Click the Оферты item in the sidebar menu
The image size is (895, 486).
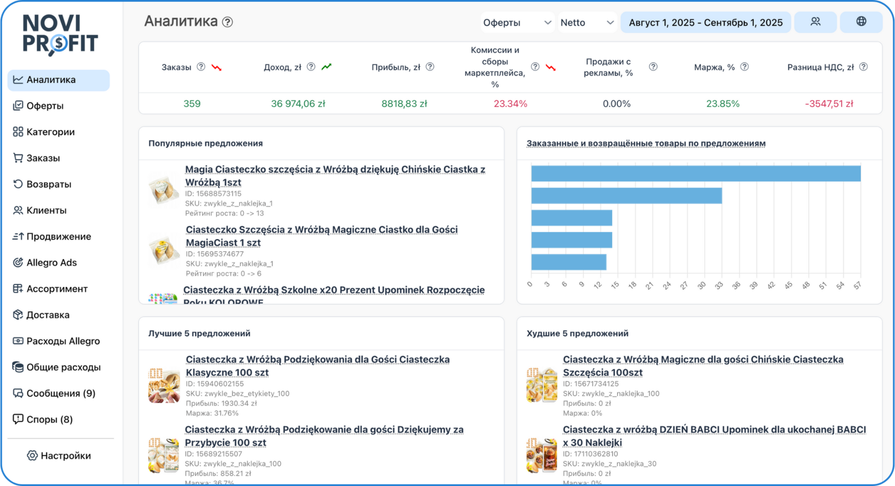tap(45, 106)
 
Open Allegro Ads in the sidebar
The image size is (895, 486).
tap(51, 262)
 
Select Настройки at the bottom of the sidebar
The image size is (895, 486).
tap(65, 456)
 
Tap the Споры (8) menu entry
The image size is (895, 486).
tap(49, 419)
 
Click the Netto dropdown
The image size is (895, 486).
tap(587, 22)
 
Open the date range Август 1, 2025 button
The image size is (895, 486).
tap(705, 22)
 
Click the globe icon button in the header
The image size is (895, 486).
tap(861, 22)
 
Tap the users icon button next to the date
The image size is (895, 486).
tap(815, 22)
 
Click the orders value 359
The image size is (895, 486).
tap(192, 104)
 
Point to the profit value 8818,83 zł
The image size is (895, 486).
tap(404, 104)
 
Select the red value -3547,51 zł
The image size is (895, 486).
tap(829, 104)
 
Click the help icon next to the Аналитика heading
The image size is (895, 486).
tap(227, 22)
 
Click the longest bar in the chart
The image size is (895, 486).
tap(695, 174)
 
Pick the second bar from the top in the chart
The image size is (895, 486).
tap(626, 195)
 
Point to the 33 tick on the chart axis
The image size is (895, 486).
tap(719, 285)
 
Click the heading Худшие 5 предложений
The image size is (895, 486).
tap(577, 333)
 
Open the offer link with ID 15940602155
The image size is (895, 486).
tap(318, 366)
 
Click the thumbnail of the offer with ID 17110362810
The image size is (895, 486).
tap(541, 455)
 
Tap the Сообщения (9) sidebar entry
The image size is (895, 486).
tap(60, 393)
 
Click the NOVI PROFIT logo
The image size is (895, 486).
tap(60, 34)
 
